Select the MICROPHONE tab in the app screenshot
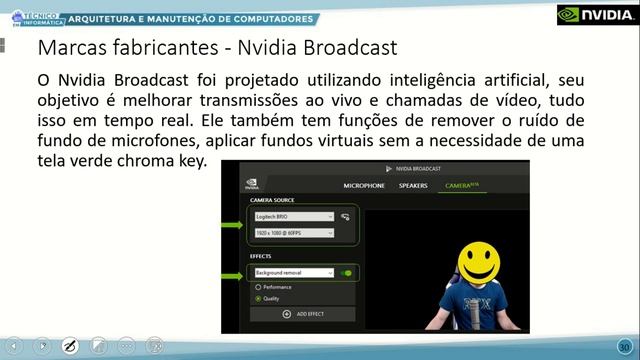(364, 186)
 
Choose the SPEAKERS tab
(413, 186)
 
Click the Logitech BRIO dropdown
(293, 216)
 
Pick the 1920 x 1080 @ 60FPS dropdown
(293, 233)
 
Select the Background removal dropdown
(293, 272)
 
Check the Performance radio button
(259, 287)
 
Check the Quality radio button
(259, 298)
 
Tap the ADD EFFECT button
(303, 314)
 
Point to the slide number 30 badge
(624, 345)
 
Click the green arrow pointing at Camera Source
(232, 225)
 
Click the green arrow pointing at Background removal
(232, 272)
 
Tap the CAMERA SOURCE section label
(272, 201)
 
